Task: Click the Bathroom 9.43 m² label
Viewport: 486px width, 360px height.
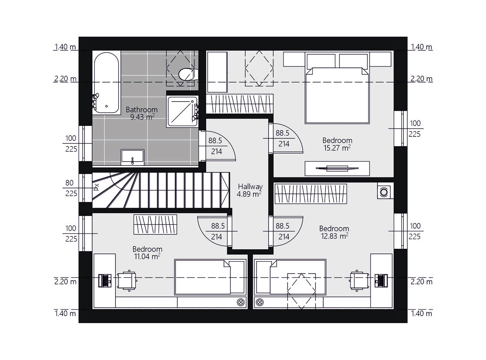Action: coord(141,113)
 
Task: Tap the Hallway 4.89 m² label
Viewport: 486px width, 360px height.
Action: coord(250,190)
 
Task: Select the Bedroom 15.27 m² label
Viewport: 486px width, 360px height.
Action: coord(337,144)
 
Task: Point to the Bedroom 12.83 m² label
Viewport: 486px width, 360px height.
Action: coord(334,232)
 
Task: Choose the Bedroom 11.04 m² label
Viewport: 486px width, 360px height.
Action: coord(147,253)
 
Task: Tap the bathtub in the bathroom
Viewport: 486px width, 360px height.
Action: coord(107,83)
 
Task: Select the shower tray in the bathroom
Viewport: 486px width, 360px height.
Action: coord(182,112)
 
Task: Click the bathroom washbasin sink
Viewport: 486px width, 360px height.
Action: coord(132,157)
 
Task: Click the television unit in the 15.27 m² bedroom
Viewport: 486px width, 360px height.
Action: coord(337,168)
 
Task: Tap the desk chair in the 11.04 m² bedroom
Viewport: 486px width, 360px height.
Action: coord(127,281)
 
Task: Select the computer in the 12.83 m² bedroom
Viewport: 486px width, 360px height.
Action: coord(381,281)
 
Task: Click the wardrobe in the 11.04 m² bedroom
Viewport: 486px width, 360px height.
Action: coord(155,225)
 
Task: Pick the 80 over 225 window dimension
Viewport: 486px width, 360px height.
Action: coord(71,188)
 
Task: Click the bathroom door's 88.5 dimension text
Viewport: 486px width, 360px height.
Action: coord(215,141)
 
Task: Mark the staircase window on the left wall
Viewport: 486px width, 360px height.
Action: coord(85,188)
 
